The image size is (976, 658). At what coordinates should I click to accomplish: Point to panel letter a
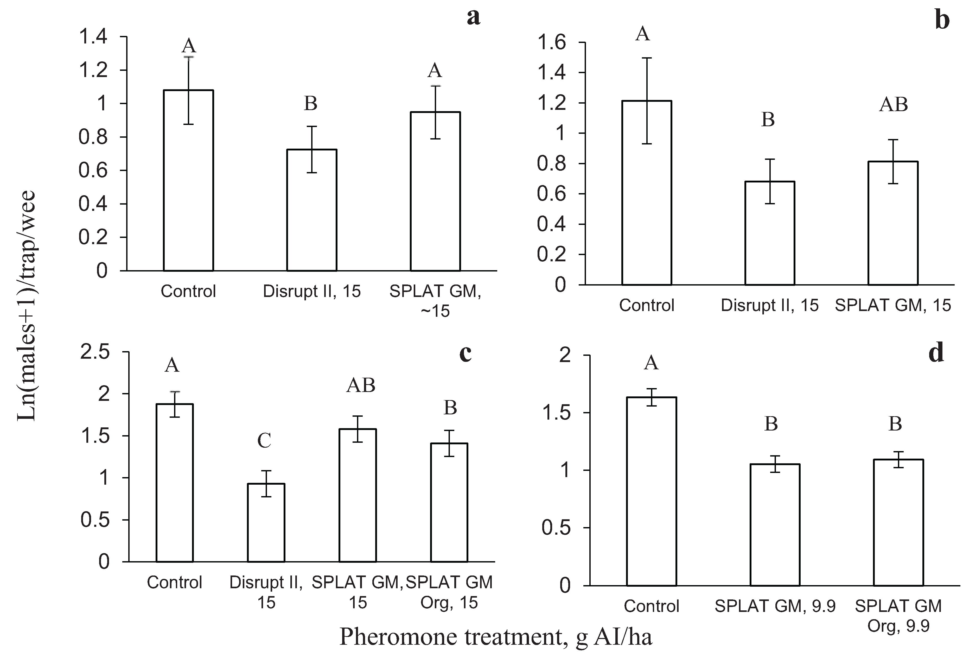(474, 17)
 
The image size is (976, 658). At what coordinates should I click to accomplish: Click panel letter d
(936, 352)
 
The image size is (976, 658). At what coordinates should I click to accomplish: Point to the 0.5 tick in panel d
(556, 528)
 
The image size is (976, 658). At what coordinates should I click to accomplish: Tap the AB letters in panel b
(893, 104)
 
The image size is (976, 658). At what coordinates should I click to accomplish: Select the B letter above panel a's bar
(310, 103)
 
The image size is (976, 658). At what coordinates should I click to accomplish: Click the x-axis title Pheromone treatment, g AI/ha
(495, 637)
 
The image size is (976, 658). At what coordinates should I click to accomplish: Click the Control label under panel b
(646, 305)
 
